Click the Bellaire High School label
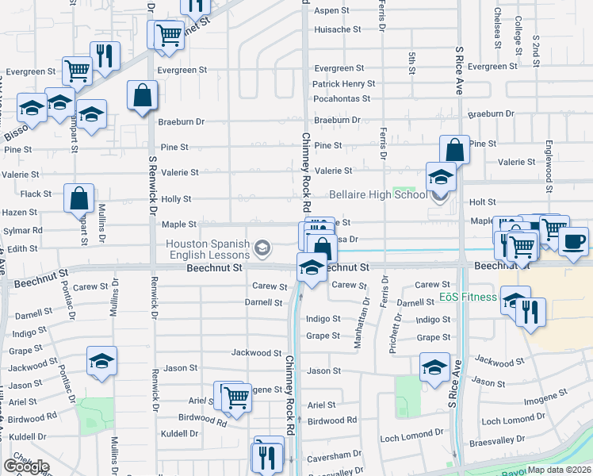[377, 194]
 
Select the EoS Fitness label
[468, 298]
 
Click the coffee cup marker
[573, 240]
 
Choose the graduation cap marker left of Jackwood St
[101, 361]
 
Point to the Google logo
[26, 466]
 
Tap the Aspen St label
[332, 10]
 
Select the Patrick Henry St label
[343, 83]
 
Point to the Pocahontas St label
[342, 98]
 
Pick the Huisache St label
[338, 29]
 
